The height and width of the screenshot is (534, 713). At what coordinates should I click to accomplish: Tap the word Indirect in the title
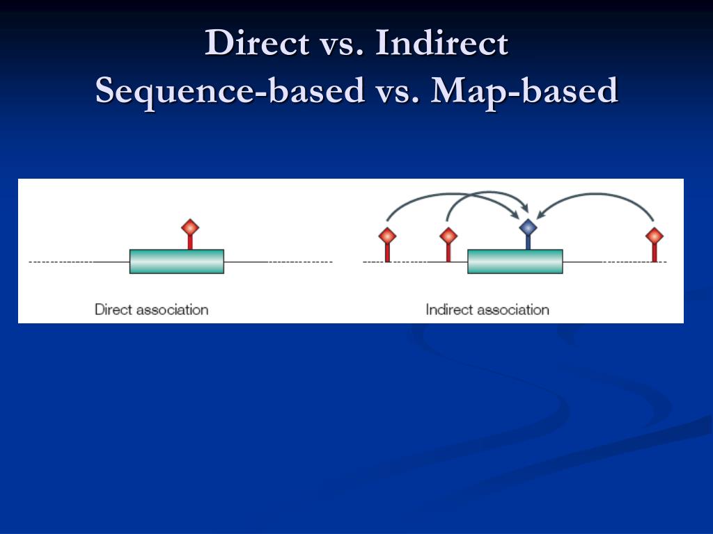[x=441, y=43]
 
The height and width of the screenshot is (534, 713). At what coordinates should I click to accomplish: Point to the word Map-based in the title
[x=524, y=90]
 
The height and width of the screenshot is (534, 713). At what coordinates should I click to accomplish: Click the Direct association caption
[x=151, y=309]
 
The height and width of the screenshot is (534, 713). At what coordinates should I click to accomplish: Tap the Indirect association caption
[x=487, y=309]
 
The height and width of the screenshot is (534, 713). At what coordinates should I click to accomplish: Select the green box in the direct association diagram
[x=176, y=261]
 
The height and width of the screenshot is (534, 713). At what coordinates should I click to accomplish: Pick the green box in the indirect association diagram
[x=515, y=261]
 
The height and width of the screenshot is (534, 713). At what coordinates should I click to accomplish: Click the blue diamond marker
[x=528, y=227]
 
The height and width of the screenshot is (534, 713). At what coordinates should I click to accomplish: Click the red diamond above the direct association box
[x=190, y=227]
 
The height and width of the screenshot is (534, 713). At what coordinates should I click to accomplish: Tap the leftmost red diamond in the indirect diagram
[x=387, y=236]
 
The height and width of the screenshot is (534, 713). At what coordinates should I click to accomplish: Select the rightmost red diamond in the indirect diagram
[x=655, y=236]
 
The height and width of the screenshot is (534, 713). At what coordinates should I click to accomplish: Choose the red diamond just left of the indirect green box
[x=448, y=236]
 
